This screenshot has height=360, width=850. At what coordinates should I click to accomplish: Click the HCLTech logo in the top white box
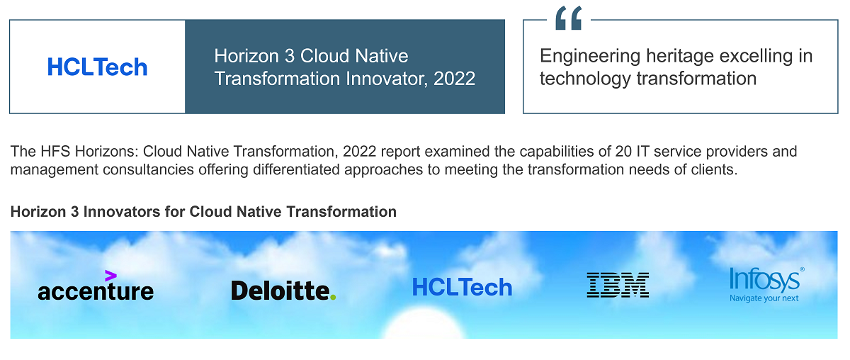pos(97,67)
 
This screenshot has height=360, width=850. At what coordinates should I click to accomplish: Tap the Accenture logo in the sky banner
pos(96,291)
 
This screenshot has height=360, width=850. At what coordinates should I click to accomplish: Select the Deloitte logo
pos(283,291)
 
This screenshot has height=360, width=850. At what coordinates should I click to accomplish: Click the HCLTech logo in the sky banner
pos(462,287)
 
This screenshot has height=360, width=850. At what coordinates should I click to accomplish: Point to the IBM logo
pos(618,285)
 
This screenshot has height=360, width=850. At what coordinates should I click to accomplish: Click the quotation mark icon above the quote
pos(568,19)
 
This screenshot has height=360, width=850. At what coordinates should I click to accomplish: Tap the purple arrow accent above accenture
pos(110,275)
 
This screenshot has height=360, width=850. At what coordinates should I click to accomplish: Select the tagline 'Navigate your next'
pos(764,298)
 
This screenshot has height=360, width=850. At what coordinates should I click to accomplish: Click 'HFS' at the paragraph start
pos(48,152)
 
